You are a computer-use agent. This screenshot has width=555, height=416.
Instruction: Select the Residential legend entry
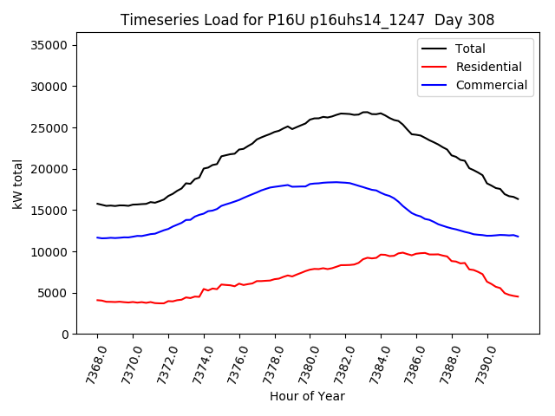click(x=488, y=67)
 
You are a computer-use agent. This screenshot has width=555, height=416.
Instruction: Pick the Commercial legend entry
click(x=491, y=85)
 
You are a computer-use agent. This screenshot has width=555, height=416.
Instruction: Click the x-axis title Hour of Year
click(x=307, y=396)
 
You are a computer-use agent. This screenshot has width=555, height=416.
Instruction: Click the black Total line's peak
click(x=366, y=112)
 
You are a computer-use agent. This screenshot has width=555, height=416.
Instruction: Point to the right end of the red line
click(x=518, y=297)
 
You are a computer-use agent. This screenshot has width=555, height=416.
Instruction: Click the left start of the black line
click(x=97, y=204)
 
